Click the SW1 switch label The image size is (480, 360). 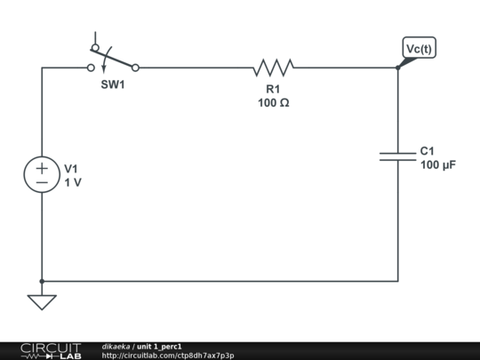click(x=113, y=83)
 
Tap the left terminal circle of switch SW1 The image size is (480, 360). click(x=91, y=67)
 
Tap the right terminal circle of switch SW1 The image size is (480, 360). click(x=135, y=67)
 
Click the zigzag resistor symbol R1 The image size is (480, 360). click(x=273, y=67)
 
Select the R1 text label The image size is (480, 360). click(x=273, y=89)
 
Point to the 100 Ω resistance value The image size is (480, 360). click(x=273, y=102)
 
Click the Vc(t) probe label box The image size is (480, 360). click(x=419, y=49)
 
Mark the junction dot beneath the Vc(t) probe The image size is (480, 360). click(x=397, y=67)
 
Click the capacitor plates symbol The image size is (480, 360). click(x=397, y=156)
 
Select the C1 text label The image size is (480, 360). click(x=428, y=151)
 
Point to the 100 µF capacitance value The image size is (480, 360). click(x=437, y=165)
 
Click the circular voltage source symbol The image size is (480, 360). click(x=42, y=173)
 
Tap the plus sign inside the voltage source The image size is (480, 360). click(x=42, y=166)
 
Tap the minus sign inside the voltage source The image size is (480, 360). click(x=42, y=181)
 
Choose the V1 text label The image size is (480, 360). click(x=71, y=168)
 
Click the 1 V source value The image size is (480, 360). click(x=72, y=182)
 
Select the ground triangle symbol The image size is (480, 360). click(x=42, y=302)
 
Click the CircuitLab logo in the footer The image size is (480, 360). click(x=51, y=350)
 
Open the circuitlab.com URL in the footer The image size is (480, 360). click(x=168, y=356)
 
